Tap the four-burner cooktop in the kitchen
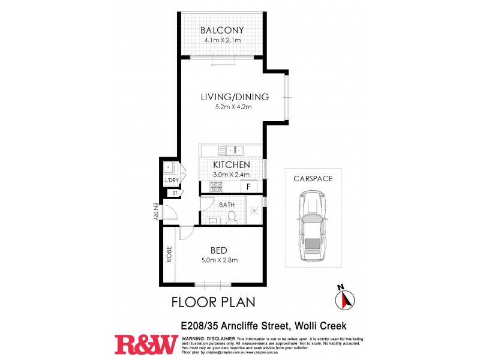pyautogui.click(x=215, y=187)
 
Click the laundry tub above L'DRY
pyautogui.click(x=169, y=167)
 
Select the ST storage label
pyautogui.click(x=174, y=193)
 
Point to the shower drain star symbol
pyautogui.click(x=255, y=210)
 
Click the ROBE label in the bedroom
pyautogui.click(x=170, y=254)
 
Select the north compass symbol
pyautogui.click(x=344, y=298)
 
